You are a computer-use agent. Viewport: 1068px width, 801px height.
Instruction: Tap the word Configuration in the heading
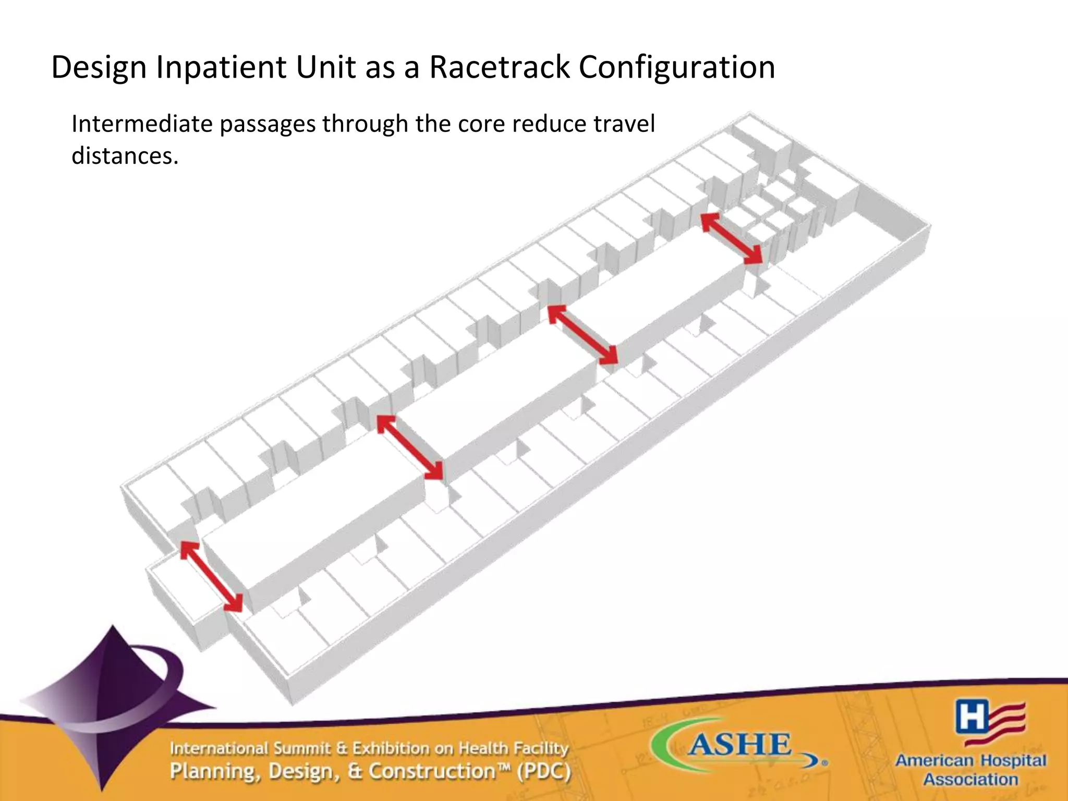676,67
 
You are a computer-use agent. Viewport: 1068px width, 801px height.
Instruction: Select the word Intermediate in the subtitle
142,124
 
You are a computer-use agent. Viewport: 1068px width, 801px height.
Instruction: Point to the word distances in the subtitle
124,155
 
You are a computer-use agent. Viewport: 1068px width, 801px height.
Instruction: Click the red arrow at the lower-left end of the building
211,576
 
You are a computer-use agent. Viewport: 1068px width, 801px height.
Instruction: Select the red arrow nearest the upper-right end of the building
731,238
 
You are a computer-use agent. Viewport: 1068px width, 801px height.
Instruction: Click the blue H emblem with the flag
989,723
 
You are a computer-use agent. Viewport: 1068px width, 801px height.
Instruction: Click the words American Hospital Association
970,770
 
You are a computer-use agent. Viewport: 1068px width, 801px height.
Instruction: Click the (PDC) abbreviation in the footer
543,771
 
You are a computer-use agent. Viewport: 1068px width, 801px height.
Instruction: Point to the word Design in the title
99,67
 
